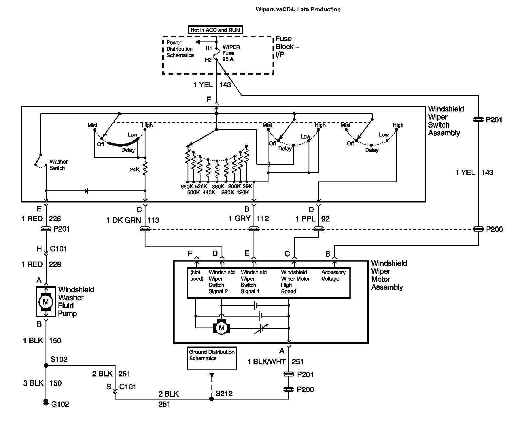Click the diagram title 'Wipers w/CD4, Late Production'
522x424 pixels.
coord(298,10)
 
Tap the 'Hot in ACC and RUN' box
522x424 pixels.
coord(215,30)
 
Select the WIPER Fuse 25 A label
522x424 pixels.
coord(231,53)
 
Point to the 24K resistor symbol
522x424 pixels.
coord(145,169)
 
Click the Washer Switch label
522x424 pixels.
coord(58,165)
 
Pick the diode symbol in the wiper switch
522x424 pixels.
coord(86,191)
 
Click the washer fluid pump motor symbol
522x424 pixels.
coord(46,302)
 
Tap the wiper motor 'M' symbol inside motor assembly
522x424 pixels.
coord(221,328)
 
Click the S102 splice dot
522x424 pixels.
coord(46,366)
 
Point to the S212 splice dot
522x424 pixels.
coord(211,399)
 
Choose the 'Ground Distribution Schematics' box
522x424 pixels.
coord(212,358)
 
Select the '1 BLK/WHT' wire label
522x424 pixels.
coord(266,362)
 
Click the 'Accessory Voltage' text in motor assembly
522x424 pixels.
coord(333,276)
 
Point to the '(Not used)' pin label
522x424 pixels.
coord(197,276)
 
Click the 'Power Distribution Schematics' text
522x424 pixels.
coord(180,49)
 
